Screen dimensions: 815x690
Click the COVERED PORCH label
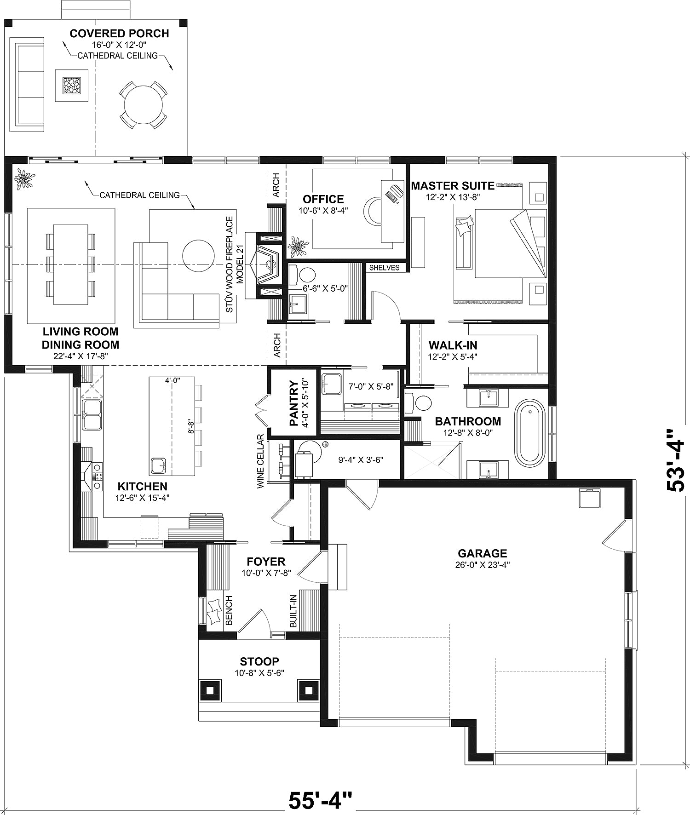119,33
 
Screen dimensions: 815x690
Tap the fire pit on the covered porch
72,85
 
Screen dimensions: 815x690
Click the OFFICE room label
323,199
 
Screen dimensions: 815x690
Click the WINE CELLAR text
261,461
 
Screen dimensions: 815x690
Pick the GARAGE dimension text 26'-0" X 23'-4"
482,565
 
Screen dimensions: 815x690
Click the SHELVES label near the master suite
385,267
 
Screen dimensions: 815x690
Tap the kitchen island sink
157,465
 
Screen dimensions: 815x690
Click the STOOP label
259,661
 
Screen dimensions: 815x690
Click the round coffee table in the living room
198,256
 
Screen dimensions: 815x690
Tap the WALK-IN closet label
453,345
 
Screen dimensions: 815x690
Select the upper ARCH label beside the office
276,185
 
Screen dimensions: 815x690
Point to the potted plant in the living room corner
23,179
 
